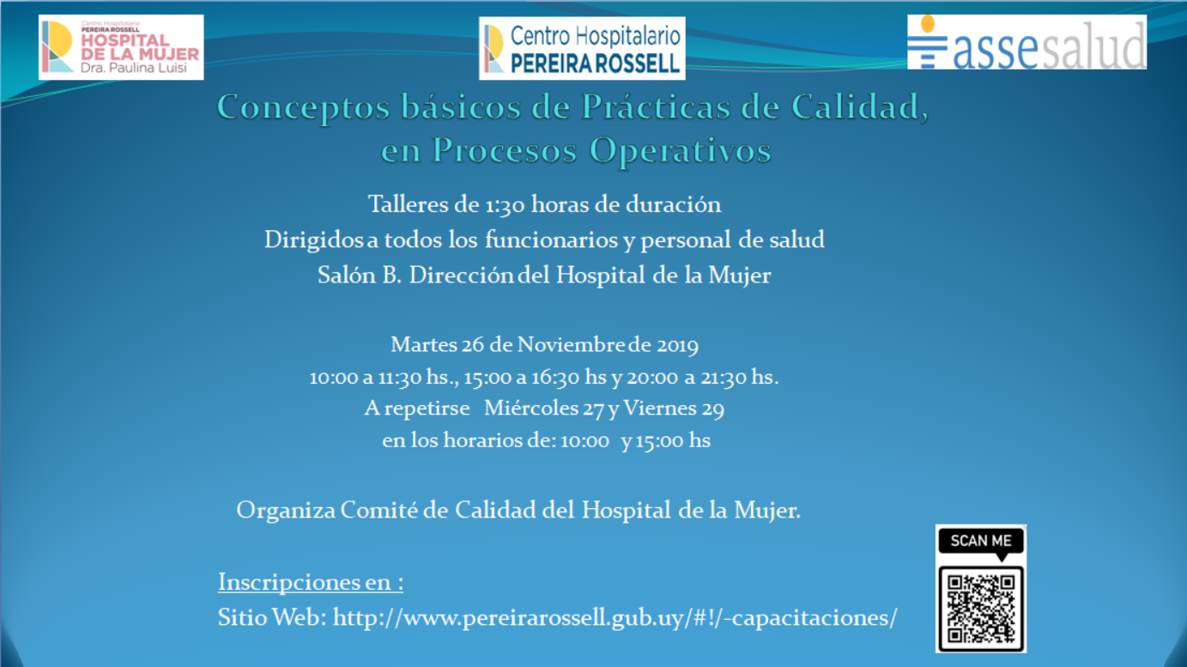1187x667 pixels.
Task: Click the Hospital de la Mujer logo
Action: (x=121, y=47)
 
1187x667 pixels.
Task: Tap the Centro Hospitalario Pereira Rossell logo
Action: (x=582, y=48)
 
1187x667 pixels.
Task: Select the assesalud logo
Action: (x=1027, y=42)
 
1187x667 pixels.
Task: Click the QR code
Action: (x=981, y=609)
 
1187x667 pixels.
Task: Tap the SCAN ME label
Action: (x=981, y=541)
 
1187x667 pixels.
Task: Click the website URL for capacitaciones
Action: (x=615, y=618)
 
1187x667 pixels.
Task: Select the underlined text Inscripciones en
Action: (x=311, y=582)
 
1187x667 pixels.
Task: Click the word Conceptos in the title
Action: (x=304, y=108)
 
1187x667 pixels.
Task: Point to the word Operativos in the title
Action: (x=681, y=151)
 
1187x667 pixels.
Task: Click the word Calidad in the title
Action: (x=859, y=107)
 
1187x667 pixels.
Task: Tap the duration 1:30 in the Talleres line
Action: (x=505, y=205)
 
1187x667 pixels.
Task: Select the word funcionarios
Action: (x=552, y=240)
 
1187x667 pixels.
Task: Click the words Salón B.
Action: (x=360, y=276)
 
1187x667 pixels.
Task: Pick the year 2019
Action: (x=678, y=345)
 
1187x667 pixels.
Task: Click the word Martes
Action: (x=424, y=344)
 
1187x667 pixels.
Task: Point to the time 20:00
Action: (x=652, y=378)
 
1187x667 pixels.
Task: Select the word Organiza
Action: (x=286, y=511)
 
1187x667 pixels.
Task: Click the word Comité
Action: (x=379, y=510)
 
